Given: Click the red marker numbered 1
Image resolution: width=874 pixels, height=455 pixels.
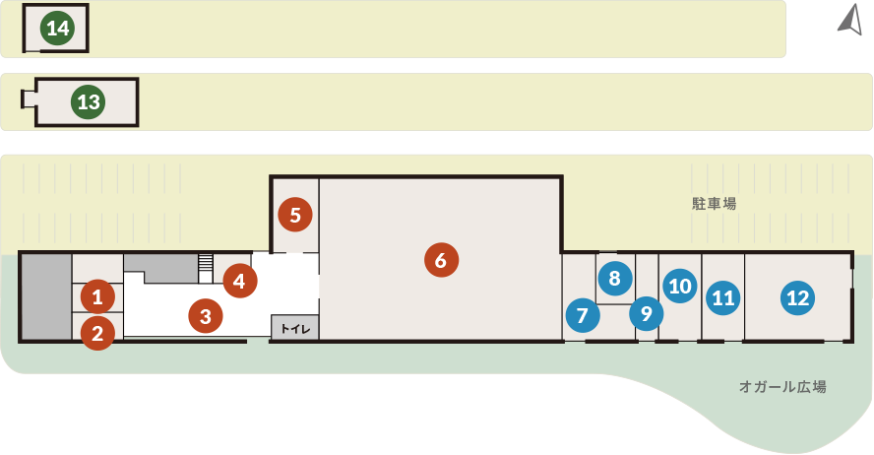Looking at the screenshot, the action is (x=97, y=296).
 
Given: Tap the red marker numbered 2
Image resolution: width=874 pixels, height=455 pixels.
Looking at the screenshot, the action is (x=97, y=333).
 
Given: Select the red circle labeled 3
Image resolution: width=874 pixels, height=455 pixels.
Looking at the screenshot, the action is (x=206, y=316).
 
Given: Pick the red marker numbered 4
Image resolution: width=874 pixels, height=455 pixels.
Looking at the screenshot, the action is (x=240, y=281).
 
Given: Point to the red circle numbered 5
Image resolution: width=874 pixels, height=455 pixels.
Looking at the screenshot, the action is (x=295, y=215).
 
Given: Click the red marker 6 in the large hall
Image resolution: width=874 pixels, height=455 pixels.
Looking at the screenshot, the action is (x=442, y=260).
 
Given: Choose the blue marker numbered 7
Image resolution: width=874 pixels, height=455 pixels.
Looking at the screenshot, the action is (x=583, y=315).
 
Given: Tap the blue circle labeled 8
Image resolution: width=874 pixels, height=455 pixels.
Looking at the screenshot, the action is (x=615, y=278).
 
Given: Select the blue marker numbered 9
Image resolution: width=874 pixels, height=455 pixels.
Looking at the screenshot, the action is (x=646, y=313).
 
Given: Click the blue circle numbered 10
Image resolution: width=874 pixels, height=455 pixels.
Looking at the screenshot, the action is (x=680, y=286).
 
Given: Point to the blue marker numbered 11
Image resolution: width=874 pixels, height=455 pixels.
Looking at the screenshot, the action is (x=723, y=297).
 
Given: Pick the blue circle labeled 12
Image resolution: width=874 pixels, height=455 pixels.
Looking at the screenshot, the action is (x=797, y=297).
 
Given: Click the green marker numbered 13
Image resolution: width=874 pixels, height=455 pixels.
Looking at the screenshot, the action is (x=88, y=102).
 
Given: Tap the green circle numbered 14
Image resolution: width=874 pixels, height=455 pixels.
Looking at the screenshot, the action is (x=57, y=28).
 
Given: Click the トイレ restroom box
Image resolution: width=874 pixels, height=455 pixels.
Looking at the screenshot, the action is (x=295, y=328).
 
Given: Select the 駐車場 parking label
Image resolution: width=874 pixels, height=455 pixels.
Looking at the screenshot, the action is (x=714, y=204).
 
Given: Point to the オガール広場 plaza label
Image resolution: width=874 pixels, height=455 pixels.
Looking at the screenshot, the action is (x=782, y=386).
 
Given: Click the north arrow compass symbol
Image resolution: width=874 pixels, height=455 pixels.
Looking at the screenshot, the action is (x=852, y=22).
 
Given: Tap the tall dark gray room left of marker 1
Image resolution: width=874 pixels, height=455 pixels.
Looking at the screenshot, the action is (x=46, y=296).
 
